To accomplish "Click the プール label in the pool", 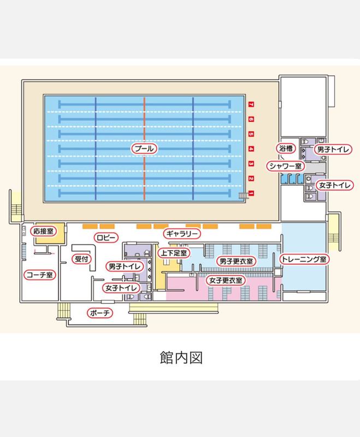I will pyautogui.click(x=144, y=148).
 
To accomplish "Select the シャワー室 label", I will pyautogui.click(x=285, y=166).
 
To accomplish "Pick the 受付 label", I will pyautogui.click(x=81, y=258).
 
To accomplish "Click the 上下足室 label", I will pyautogui.click(x=174, y=253).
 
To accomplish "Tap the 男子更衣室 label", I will pyautogui.click(x=235, y=261).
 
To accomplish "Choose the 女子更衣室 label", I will pyautogui.click(x=226, y=280).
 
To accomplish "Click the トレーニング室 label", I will pyautogui.click(x=303, y=258).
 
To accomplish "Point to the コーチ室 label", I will pyautogui.click(x=39, y=275).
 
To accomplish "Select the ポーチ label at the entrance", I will pyautogui.click(x=100, y=313).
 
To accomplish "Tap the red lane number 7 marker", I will pyautogui.click(x=251, y=104).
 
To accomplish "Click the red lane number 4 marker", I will pyautogui.click(x=251, y=149).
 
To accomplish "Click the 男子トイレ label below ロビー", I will pyautogui.click(x=125, y=267).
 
